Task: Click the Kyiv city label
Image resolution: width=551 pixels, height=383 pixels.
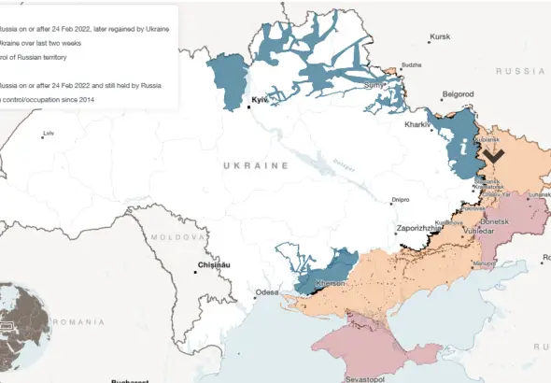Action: pyautogui.click(x=260, y=98)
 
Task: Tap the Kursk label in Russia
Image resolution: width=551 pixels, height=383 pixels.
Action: pyautogui.click(x=440, y=37)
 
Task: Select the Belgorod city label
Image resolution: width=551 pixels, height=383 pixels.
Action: pyautogui.click(x=458, y=94)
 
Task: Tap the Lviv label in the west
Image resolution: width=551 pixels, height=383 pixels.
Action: pyautogui.click(x=49, y=134)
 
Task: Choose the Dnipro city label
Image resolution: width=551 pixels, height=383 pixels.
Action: pyautogui.click(x=401, y=199)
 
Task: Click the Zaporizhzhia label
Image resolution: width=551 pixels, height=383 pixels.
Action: pyautogui.click(x=419, y=228)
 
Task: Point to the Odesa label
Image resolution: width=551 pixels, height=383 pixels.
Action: pyautogui.click(x=267, y=292)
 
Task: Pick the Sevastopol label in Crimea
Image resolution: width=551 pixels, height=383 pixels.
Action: pyautogui.click(x=366, y=380)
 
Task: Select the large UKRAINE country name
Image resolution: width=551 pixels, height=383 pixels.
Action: pyautogui.click(x=256, y=165)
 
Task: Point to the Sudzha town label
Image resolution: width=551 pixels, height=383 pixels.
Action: pyautogui.click(x=411, y=64)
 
